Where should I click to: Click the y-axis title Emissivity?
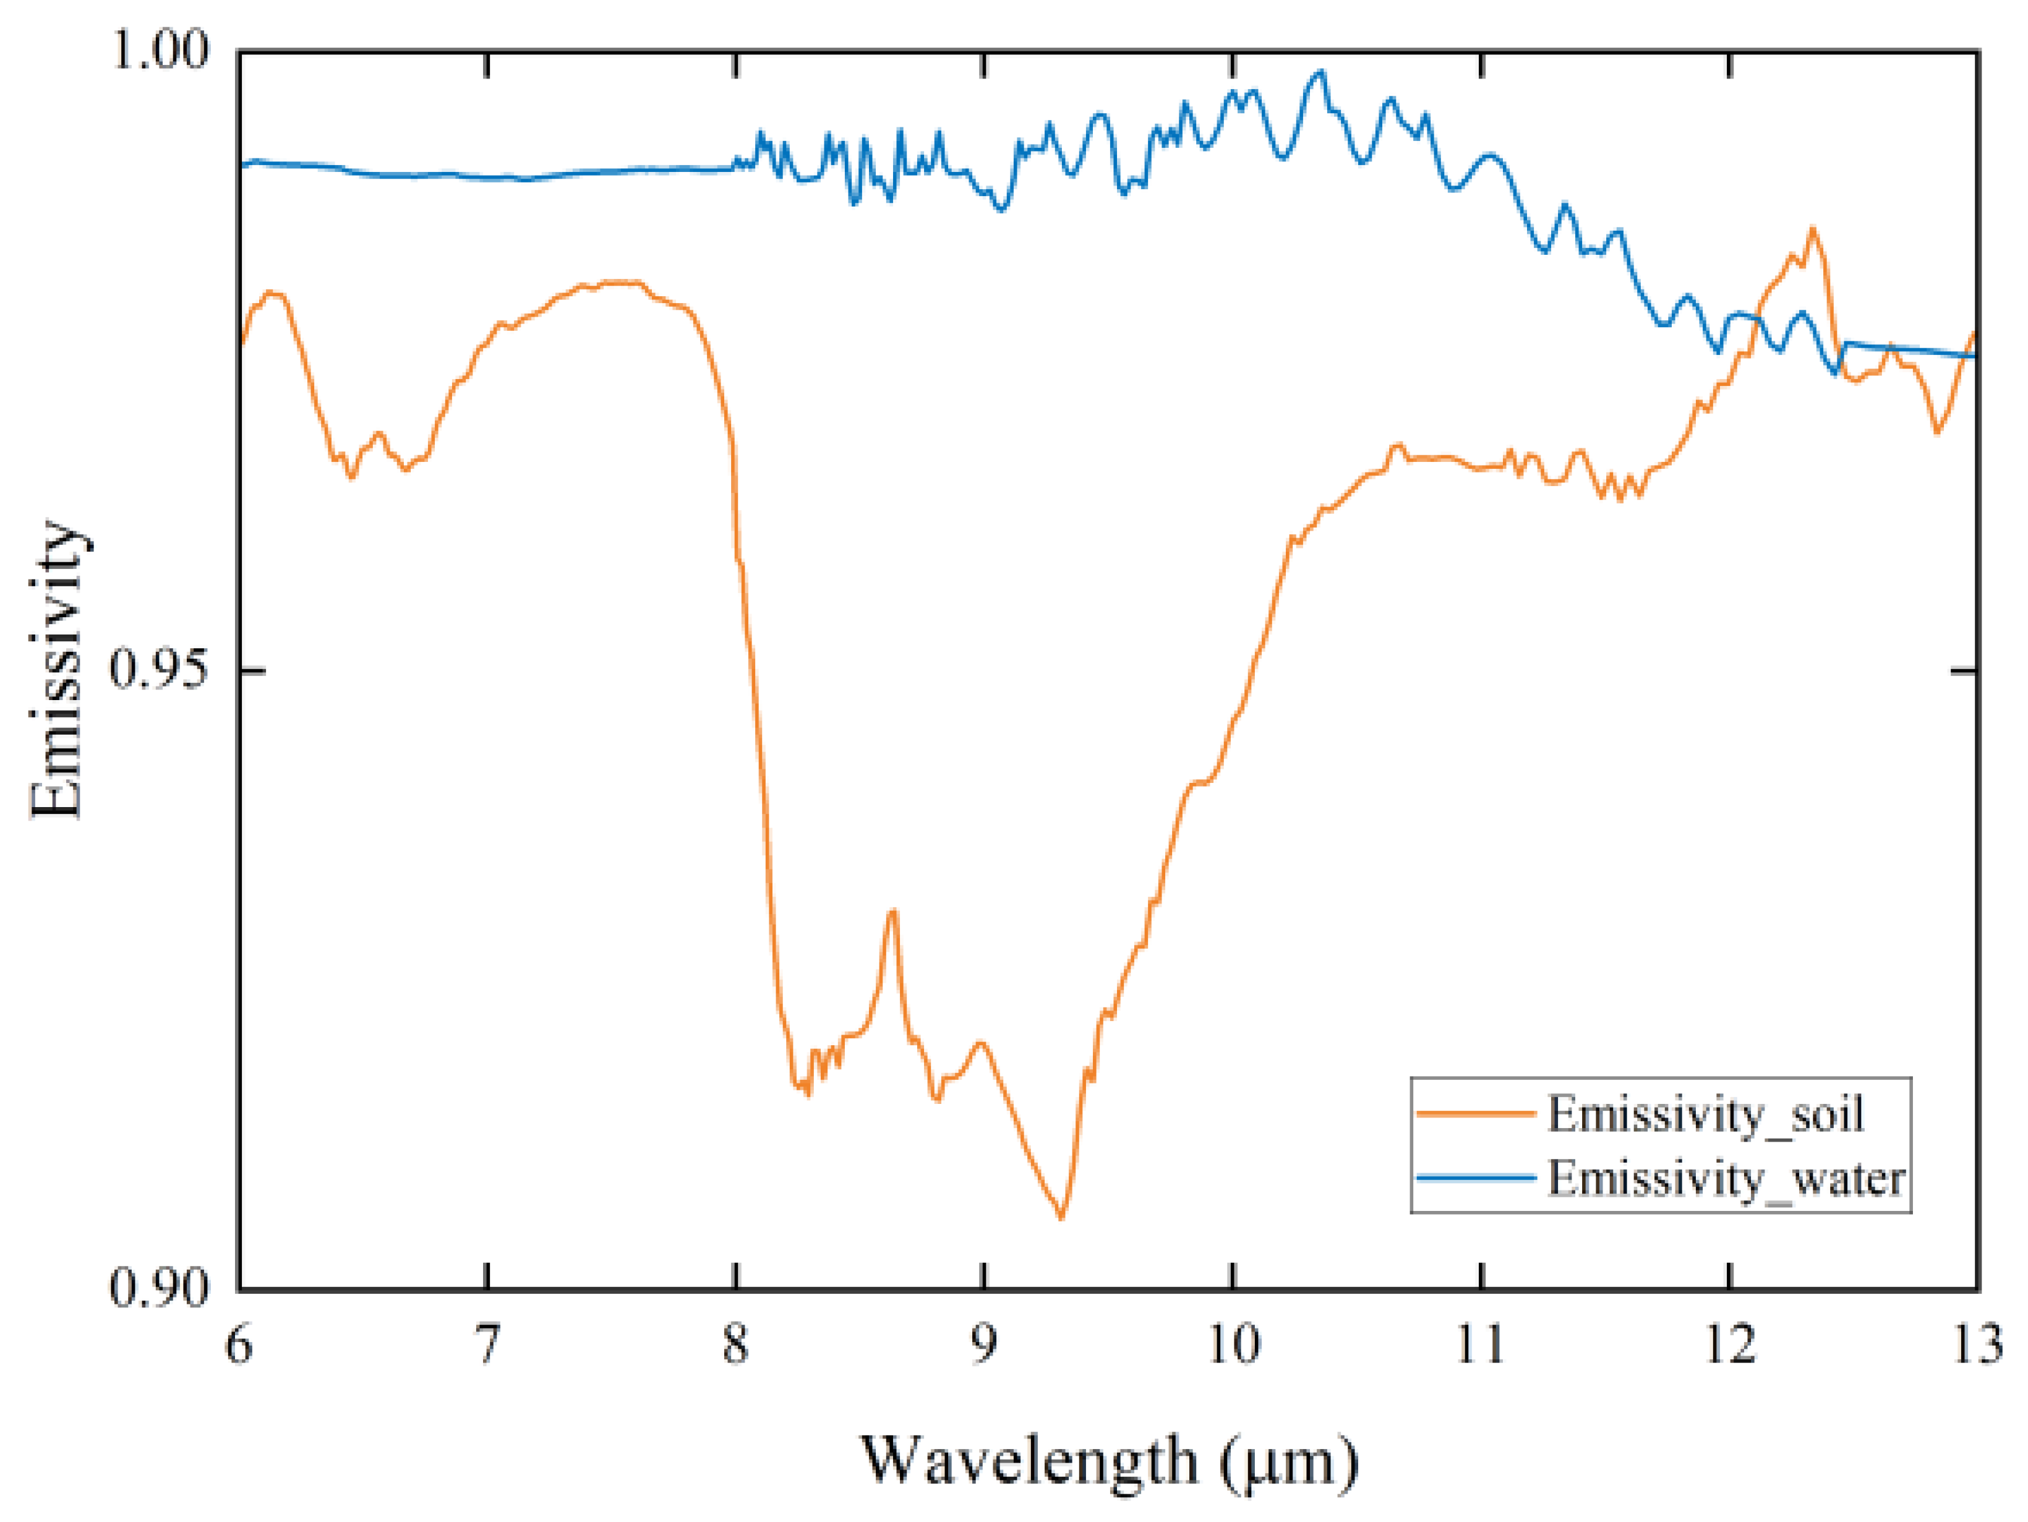57,669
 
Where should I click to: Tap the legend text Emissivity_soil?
1705,1114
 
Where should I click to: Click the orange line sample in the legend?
1476,1114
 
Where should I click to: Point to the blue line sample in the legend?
1476,1178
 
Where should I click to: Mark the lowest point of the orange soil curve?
1062,1218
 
